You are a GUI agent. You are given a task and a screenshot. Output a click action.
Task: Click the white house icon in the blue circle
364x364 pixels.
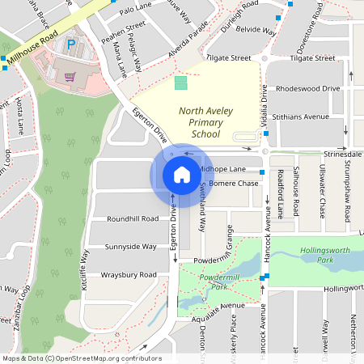(x=181, y=174)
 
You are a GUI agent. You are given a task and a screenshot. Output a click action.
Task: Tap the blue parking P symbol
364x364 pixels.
(x=70, y=44)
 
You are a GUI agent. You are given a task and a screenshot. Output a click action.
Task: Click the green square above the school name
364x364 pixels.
(x=180, y=83)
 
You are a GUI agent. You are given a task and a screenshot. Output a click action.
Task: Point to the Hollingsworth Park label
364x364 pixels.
(x=327, y=256)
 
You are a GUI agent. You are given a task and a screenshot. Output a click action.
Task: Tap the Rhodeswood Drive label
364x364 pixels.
(x=307, y=87)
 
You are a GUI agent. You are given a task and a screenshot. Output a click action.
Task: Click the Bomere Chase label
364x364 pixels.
(x=235, y=184)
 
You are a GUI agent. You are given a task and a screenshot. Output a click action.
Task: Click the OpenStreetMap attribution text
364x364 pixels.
(x=81, y=358)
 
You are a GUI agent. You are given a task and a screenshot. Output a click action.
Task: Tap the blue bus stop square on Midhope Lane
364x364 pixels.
(x=262, y=172)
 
